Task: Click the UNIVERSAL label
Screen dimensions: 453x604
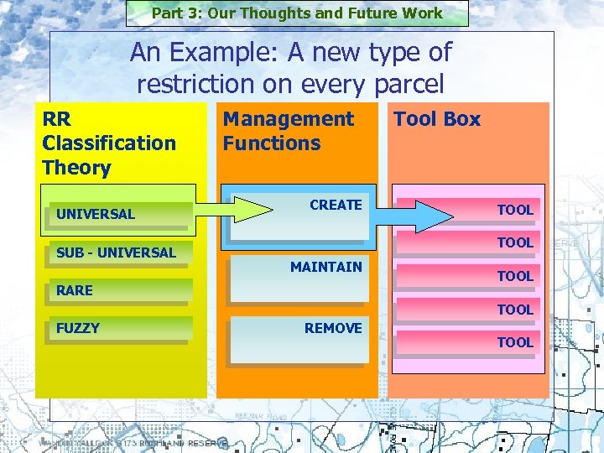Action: click(96, 214)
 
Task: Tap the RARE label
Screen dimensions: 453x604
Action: click(75, 290)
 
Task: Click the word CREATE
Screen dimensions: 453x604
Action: click(336, 205)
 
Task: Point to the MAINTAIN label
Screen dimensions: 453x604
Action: click(325, 267)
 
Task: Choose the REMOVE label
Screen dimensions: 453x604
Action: click(333, 328)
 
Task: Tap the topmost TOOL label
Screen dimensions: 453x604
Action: click(515, 210)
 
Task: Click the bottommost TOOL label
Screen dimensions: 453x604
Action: click(515, 342)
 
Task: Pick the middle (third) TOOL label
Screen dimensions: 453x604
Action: click(515, 276)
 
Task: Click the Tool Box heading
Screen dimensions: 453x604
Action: click(437, 119)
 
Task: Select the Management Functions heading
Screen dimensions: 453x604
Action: click(288, 131)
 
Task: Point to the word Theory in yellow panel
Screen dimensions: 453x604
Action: click(76, 167)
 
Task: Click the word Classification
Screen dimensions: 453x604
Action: click(109, 143)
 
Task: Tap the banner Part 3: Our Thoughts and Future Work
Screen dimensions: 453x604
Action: click(297, 13)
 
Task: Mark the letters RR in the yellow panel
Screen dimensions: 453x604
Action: click(56, 119)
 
